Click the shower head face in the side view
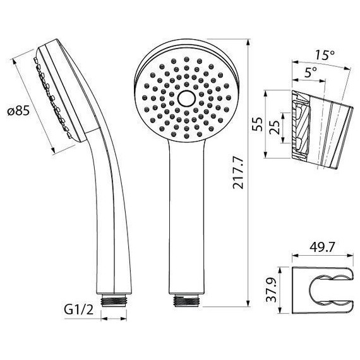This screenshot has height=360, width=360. pyautogui.click(x=58, y=94)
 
